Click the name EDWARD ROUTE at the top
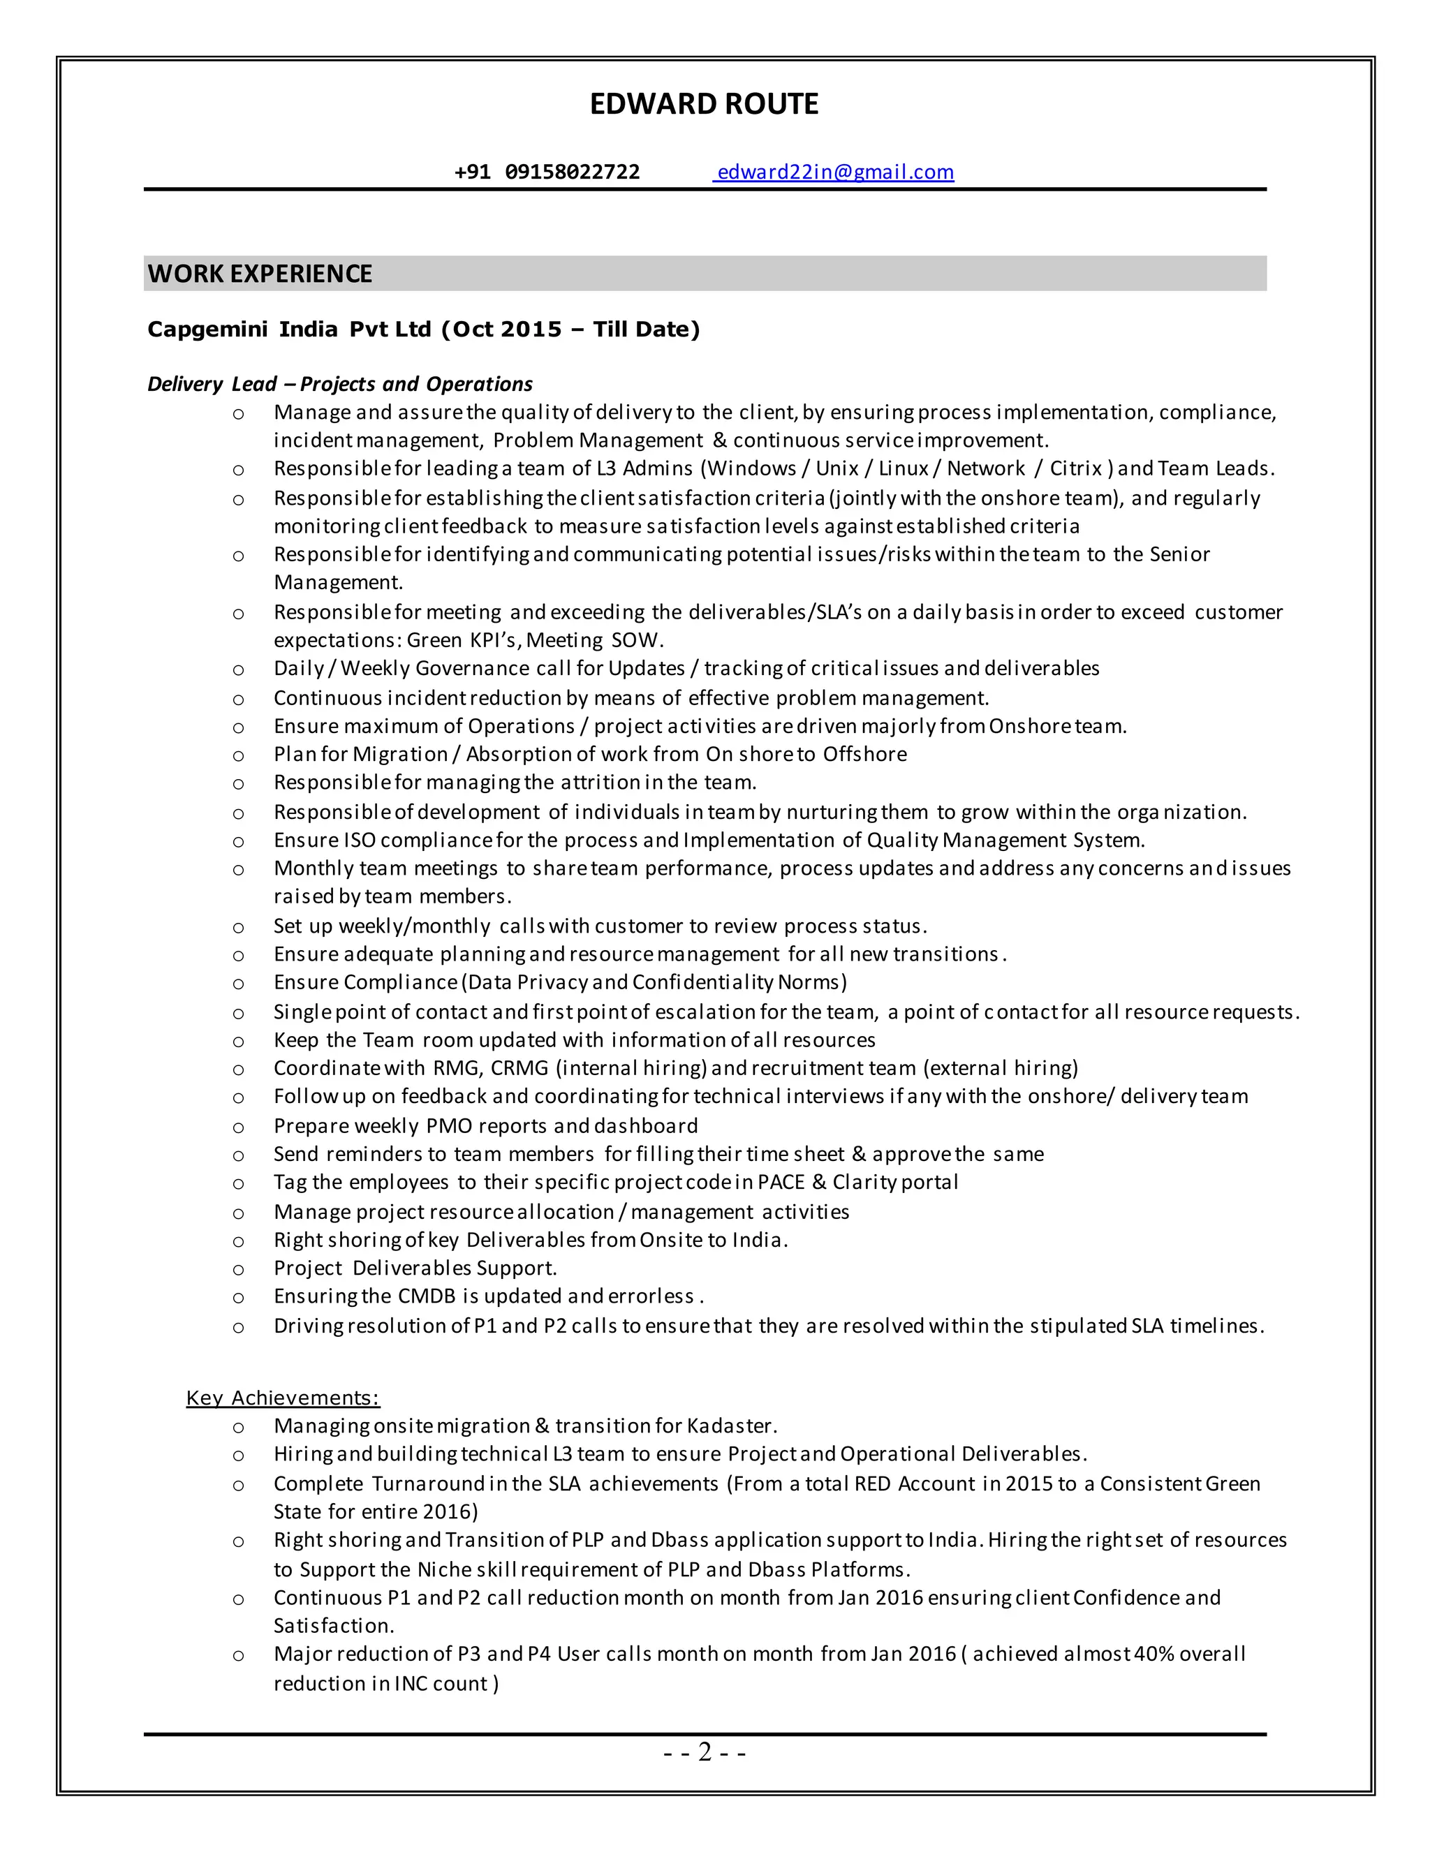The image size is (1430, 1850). coord(703,104)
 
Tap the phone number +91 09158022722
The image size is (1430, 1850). coord(547,172)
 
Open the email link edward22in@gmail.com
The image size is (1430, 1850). coord(834,172)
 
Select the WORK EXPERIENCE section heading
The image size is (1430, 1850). coord(260,274)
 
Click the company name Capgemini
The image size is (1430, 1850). coord(207,330)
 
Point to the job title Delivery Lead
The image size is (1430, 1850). coord(212,384)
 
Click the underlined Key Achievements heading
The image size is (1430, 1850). coord(283,1398)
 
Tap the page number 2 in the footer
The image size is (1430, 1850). coord(705,1752)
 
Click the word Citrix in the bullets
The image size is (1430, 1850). coord(1076,468)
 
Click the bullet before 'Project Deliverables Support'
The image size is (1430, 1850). coord(238,1270)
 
